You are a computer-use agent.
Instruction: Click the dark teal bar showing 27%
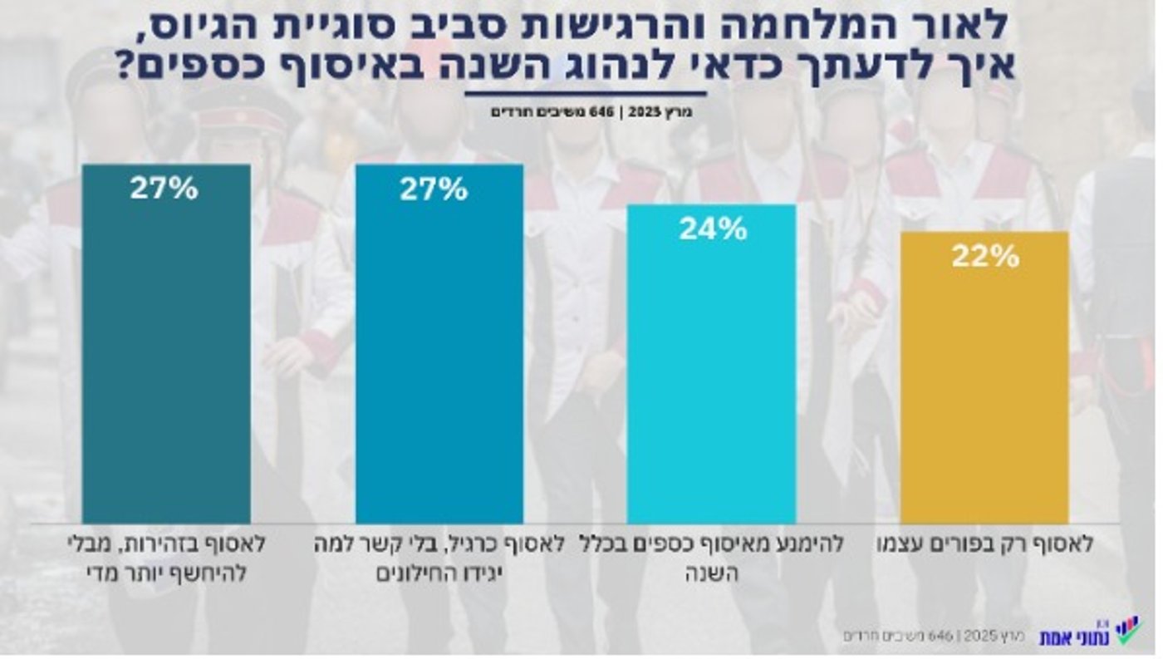pos(166,349)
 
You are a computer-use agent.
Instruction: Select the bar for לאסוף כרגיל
pos(439,349)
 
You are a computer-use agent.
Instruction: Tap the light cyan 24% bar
pos(711,366)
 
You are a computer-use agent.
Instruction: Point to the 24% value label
pos(713,229)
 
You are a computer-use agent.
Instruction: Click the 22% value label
pos(985,257)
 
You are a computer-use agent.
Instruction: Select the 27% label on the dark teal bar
pos(164,189)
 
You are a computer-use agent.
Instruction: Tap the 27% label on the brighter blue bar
pos(434,189)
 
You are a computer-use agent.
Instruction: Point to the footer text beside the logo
pos(938,636)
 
